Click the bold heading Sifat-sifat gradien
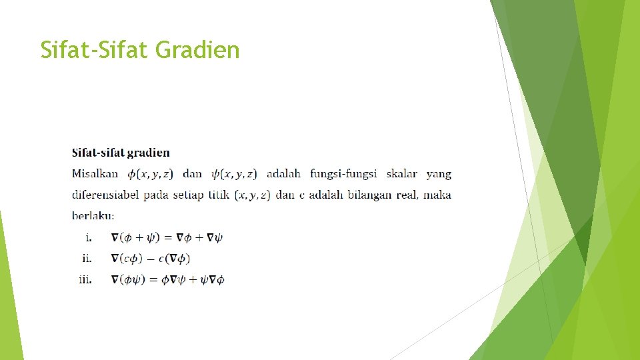[121, 153]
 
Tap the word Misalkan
[95, 174]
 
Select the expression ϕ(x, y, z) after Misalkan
[150, 174]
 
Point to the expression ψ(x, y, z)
[233, 174]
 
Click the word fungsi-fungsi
[343, 174]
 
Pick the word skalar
[401, 174]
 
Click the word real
[407, 195]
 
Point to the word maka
[437, 195]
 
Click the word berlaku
[93, 216]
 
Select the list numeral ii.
[87, 258]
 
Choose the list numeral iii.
[86, 279]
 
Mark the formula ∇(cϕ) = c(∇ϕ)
[151, 259]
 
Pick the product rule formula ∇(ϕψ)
[167, 279]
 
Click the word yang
[439, 174]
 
